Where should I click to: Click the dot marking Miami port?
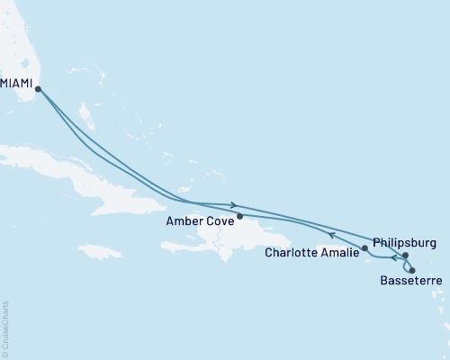tap(37, 88)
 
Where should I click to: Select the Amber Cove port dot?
tap(239, 216)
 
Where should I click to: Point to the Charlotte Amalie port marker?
tap(364, 247)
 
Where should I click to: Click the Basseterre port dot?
tap(412, 270)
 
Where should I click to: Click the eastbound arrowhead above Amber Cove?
tap(234, 204)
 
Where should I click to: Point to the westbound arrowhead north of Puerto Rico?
tap(330, 236)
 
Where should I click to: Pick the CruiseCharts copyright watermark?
tap(5, 328)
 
